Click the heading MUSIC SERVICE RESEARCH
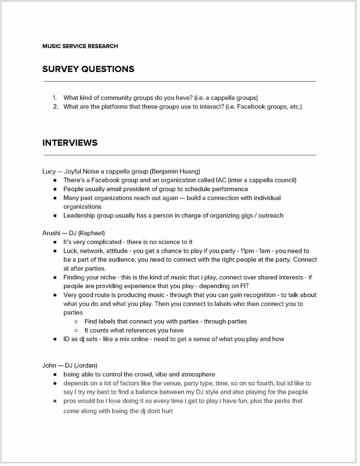pos(80,46)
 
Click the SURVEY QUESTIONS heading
pos(88,69)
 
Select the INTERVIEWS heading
pos(70,143)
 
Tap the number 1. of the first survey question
pos(55,98)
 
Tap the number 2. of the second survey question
pos(55,107)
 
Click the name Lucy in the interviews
pos(49,172)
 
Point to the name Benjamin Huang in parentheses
pos(175,172)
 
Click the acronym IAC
pos(221,180)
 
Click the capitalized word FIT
pos(244,286)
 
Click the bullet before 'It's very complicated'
pos(55,242)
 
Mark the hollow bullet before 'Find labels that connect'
pos(76,322)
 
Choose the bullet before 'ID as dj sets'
pos(55,339)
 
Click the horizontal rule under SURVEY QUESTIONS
pos(180,81)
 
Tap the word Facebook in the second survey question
pos(250,107)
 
